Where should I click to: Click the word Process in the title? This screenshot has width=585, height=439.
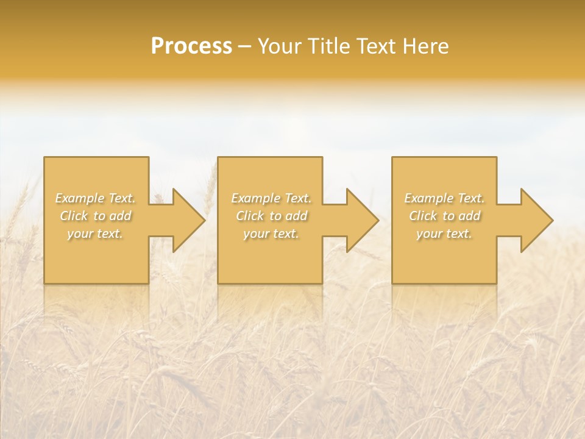[191, 46]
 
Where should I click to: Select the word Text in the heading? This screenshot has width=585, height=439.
[376, 46]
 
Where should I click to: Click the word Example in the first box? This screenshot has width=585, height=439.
[79, 198]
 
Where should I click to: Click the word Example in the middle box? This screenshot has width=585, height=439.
[255, 198]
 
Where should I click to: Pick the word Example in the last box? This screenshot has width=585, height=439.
[428, 198]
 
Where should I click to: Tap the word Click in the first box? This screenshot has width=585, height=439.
[74, 216]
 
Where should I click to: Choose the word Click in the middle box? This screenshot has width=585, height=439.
[250, 216]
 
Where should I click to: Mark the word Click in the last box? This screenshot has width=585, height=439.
[423, 216]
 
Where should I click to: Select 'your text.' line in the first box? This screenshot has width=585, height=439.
[95, 234]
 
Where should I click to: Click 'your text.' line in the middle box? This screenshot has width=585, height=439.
[271, 234]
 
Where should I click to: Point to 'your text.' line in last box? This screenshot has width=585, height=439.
[444, 234]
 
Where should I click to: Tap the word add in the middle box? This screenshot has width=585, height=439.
[296, 216]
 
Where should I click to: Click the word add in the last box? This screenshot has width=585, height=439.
[469, 216]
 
